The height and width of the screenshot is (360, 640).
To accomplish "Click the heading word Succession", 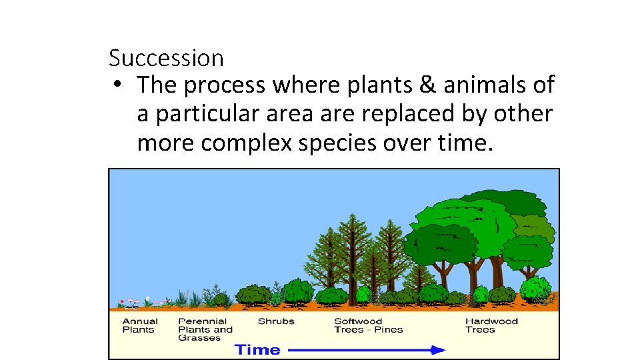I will pos(166,59).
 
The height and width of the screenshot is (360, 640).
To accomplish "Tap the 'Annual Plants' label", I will pos(139,325).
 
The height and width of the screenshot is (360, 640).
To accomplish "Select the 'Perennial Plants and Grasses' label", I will pos(205,329).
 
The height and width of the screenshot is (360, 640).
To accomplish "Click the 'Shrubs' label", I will pos(276,321).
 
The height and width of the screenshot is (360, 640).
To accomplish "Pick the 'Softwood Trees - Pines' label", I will pos(368,325).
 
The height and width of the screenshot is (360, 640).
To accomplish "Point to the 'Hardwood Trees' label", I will pos(491,325).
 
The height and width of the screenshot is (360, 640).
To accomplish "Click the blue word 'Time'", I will pos(257,350).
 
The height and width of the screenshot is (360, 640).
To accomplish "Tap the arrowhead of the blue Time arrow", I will pos(437,350).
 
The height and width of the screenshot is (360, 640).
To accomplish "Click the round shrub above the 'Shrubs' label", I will pos(254,295).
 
